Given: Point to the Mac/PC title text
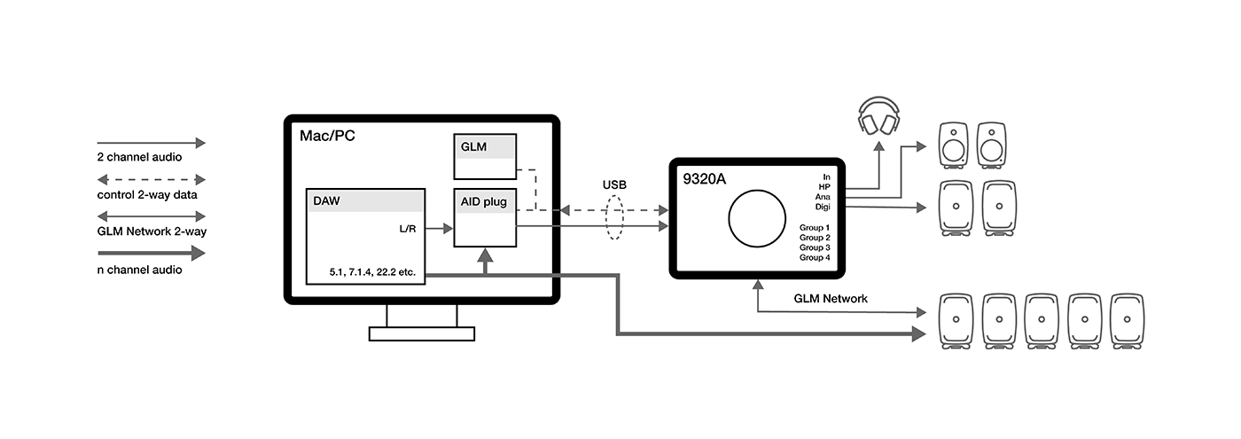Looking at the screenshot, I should point(325,137).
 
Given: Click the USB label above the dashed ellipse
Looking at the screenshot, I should point(615,184).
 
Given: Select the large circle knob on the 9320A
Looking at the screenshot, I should point(756,217).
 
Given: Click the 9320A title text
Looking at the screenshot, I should point(704,178).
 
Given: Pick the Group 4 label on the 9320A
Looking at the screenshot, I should point(815,257).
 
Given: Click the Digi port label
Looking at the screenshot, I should point(822,207).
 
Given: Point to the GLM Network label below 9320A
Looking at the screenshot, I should point(831,299).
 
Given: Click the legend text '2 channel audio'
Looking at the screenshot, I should point(139,157).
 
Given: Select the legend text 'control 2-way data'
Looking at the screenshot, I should point(147,194).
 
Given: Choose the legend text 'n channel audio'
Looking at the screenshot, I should point(139,270).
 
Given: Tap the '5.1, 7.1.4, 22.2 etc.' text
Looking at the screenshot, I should point(371,271).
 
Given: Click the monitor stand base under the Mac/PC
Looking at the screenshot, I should point(422,333).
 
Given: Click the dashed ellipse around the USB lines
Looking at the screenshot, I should point(615,217).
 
